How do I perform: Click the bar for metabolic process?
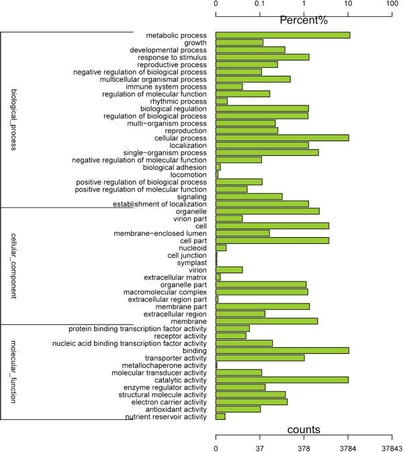(x=282, y=35)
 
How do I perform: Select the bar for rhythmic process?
(x=221, y=101)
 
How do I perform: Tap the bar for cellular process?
(x=282, y=138)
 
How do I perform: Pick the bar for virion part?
(x=228, y=218)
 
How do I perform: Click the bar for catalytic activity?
(x=281, y=379)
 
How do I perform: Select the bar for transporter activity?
(x=260, y=357)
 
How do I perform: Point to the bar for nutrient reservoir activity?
(x=220, y=416)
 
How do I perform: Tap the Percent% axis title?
(x=304, y=20)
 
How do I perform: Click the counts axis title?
(x=304, y=429)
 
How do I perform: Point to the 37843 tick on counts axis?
(x=392, y=447)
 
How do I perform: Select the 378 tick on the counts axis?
(x=304, y=447)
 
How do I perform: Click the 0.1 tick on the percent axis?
(x=260, y=4)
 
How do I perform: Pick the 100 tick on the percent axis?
(x=392, y=4)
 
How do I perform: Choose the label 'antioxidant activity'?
(x=176, y=409)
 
